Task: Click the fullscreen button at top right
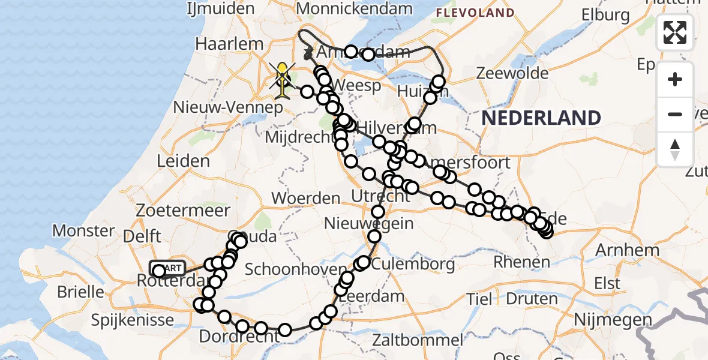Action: tap(675, 32)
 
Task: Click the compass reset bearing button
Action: tap(675, 149)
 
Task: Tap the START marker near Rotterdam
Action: tap(168, 268)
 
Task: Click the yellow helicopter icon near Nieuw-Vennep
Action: tap(282, 80)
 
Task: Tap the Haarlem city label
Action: tap(230, 44)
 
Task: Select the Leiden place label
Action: tap(183, 161)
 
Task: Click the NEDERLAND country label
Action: tap(541, 118)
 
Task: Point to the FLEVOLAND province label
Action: tap(475, 13)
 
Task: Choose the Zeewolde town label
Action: tap(512, 73)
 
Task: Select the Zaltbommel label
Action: tap(417, 340)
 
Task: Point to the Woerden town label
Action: tap(306, 198)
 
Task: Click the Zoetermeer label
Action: tap(183, 211)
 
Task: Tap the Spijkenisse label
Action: tap(133, 320)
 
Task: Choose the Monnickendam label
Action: tap(355, 8)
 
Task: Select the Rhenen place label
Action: tap(521, 262)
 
